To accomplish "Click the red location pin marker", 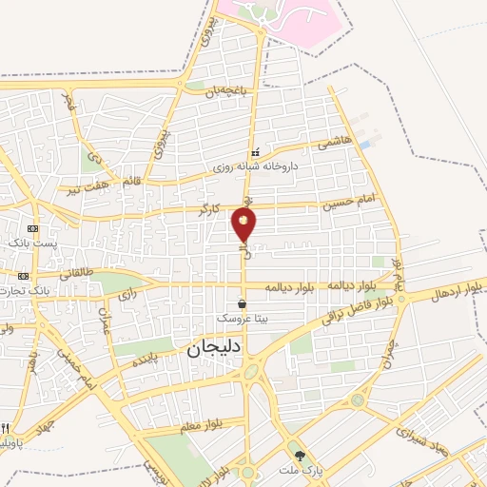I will (243, 225).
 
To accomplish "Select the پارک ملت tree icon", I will (301, 457).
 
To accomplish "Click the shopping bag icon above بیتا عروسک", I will (243, 304).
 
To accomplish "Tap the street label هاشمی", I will (335, 141).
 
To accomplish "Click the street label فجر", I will (68, 101).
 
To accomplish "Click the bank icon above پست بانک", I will (34, 229).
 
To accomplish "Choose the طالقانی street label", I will (78, 273).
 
